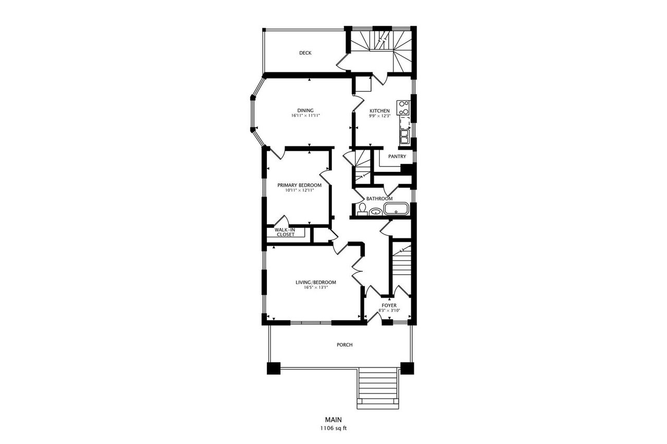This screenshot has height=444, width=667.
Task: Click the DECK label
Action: pyautogui.click(x=305, y=53)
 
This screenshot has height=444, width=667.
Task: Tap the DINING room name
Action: pyautogui.click(x=305, y=111)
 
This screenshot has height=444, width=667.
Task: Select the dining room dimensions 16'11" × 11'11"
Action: pyautogui.click(x=305, y=116)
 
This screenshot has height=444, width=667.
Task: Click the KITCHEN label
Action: pyautogui.click(x=380, y=111)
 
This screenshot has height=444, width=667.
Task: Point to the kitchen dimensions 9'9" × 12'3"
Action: pyautogui.click(x=380, y=116)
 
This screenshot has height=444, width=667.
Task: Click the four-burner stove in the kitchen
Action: pyautogui.click(x=403, y=108)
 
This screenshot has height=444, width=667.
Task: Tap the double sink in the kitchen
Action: pyautogui.click(x=404, y=137)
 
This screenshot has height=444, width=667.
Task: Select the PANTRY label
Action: pyautogui.click(x=397, y=157)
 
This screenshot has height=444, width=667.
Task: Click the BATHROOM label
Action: pyautogui.click(x=379, y=199)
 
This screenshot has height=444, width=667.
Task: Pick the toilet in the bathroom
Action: pyautogui.click(x=362, y=209)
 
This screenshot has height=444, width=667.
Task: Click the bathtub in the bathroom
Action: pyautogui.click(x=397, y=209)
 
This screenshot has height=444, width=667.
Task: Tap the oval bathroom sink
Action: pyautogui.click(x=376, y=212)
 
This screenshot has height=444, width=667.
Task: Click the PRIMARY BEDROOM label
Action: pyautogui.click(x=300, y=185)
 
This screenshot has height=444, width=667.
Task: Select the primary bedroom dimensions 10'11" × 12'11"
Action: pyautogui.click(x=300, y=191)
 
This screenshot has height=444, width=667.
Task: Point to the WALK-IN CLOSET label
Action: pyautogui.click(x=285, y=232)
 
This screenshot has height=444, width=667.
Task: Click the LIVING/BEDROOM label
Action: pyautogui.click(x=316, y=283)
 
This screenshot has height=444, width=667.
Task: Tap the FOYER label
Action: pyautogui.click(x=389, y=306)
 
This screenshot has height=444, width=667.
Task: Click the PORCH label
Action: pyautogui.click(x=344, y=345)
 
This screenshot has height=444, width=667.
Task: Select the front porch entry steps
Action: pyautogui.click(x=378, y=389)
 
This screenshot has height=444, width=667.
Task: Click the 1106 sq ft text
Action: pyautogui.click(x=333, y=428)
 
